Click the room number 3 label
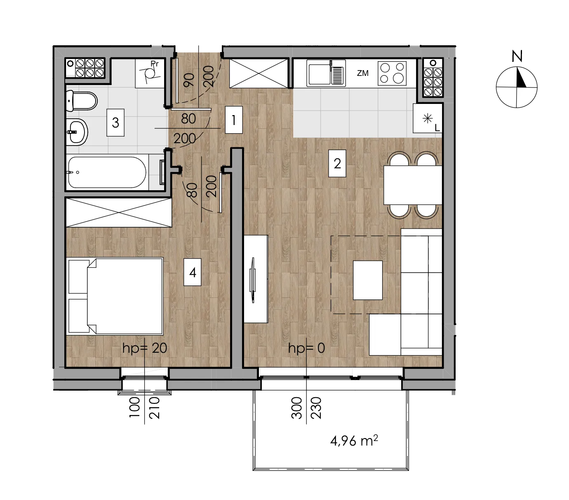115,123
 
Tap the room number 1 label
233,120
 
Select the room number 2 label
337,163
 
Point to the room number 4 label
193,272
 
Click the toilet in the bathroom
82,101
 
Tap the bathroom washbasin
77,132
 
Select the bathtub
107,172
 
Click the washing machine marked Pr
150,73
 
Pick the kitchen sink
326,73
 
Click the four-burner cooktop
392,73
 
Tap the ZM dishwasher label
362,73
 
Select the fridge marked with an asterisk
428,118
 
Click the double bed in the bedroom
115,296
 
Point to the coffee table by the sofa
368,280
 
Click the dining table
413,185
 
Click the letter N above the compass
517,56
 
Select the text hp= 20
145,348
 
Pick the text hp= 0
306,348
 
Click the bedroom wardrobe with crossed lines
118,212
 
